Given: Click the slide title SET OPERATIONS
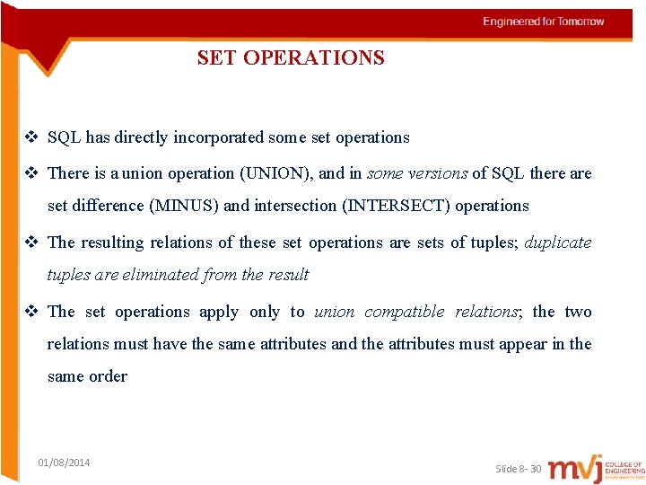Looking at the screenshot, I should point(291,58).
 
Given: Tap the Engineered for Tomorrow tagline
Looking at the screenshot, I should point(544,22).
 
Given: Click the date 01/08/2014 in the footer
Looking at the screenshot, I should point(64,463).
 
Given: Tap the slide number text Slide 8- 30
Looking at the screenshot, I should point(519,469).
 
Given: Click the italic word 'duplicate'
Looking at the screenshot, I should point(558,242).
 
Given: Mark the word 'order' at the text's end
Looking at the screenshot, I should point(108,376).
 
